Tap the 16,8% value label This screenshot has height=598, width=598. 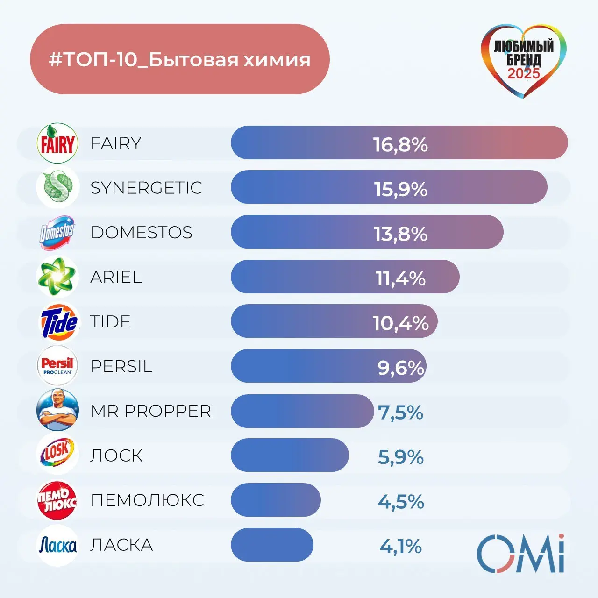tap(400, 144)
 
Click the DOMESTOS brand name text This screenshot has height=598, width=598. tap(142, 232)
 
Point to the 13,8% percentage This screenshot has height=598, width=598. tap(400, 234)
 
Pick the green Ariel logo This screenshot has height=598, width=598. tap(57, 277)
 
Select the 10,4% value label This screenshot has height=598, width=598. tap(400, 323)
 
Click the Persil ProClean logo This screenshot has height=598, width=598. tap(57, 366)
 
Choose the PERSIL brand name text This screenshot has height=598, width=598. tap(121, 366)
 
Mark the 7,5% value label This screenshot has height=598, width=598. tap(400, 413)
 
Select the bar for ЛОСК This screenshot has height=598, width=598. tap(290, 455)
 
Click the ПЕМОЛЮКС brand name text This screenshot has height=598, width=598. tap(147, 500)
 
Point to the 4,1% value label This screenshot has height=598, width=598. tap(400, 546)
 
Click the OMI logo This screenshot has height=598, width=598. tap(520, 553)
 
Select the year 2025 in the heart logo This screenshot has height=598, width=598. tap(524, 73)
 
